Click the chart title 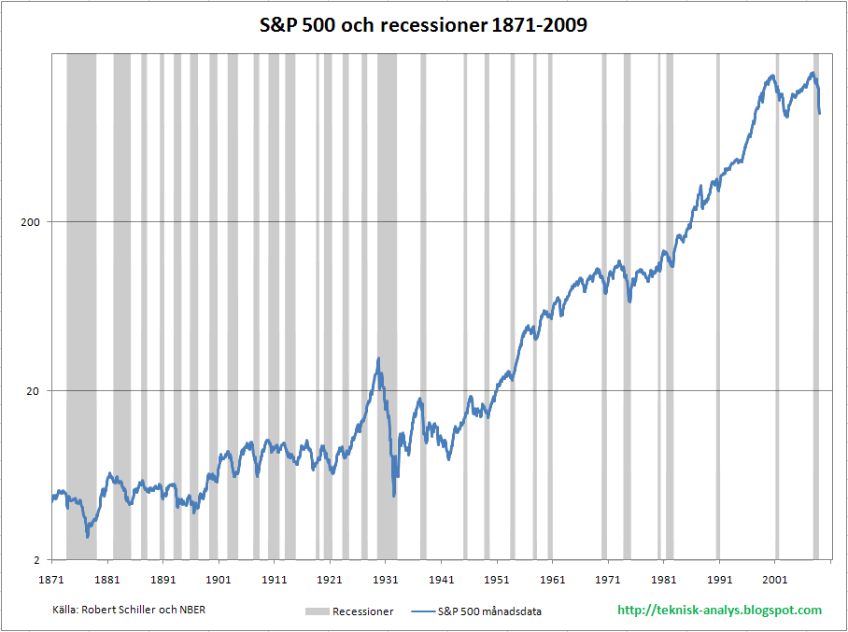423,25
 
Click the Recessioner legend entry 349,611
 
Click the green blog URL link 720,611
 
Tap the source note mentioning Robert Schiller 129,610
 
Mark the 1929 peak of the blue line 378,358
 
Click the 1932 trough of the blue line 394,495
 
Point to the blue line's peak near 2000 772,76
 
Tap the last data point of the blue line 819,114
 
